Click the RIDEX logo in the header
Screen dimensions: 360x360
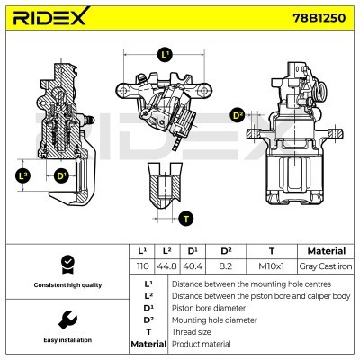click(50, 17)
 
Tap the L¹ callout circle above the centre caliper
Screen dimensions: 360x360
click(164, 55)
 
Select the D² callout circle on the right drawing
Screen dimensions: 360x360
click(238, 114)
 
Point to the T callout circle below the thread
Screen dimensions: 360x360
click(185, 218)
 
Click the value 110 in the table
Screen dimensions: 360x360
click(141, 265)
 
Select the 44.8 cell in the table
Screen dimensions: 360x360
click(167, 265)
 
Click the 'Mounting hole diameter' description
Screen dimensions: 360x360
click(214, 319)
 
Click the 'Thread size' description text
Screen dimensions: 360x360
click(194, 331)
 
